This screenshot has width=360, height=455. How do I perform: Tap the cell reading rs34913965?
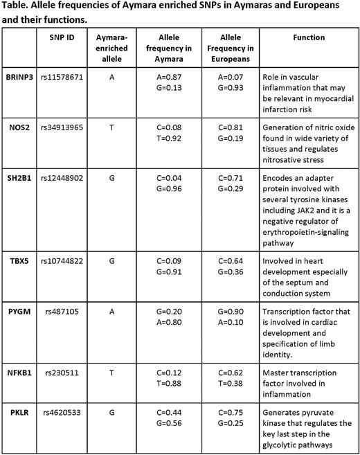[x=66, y=130]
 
